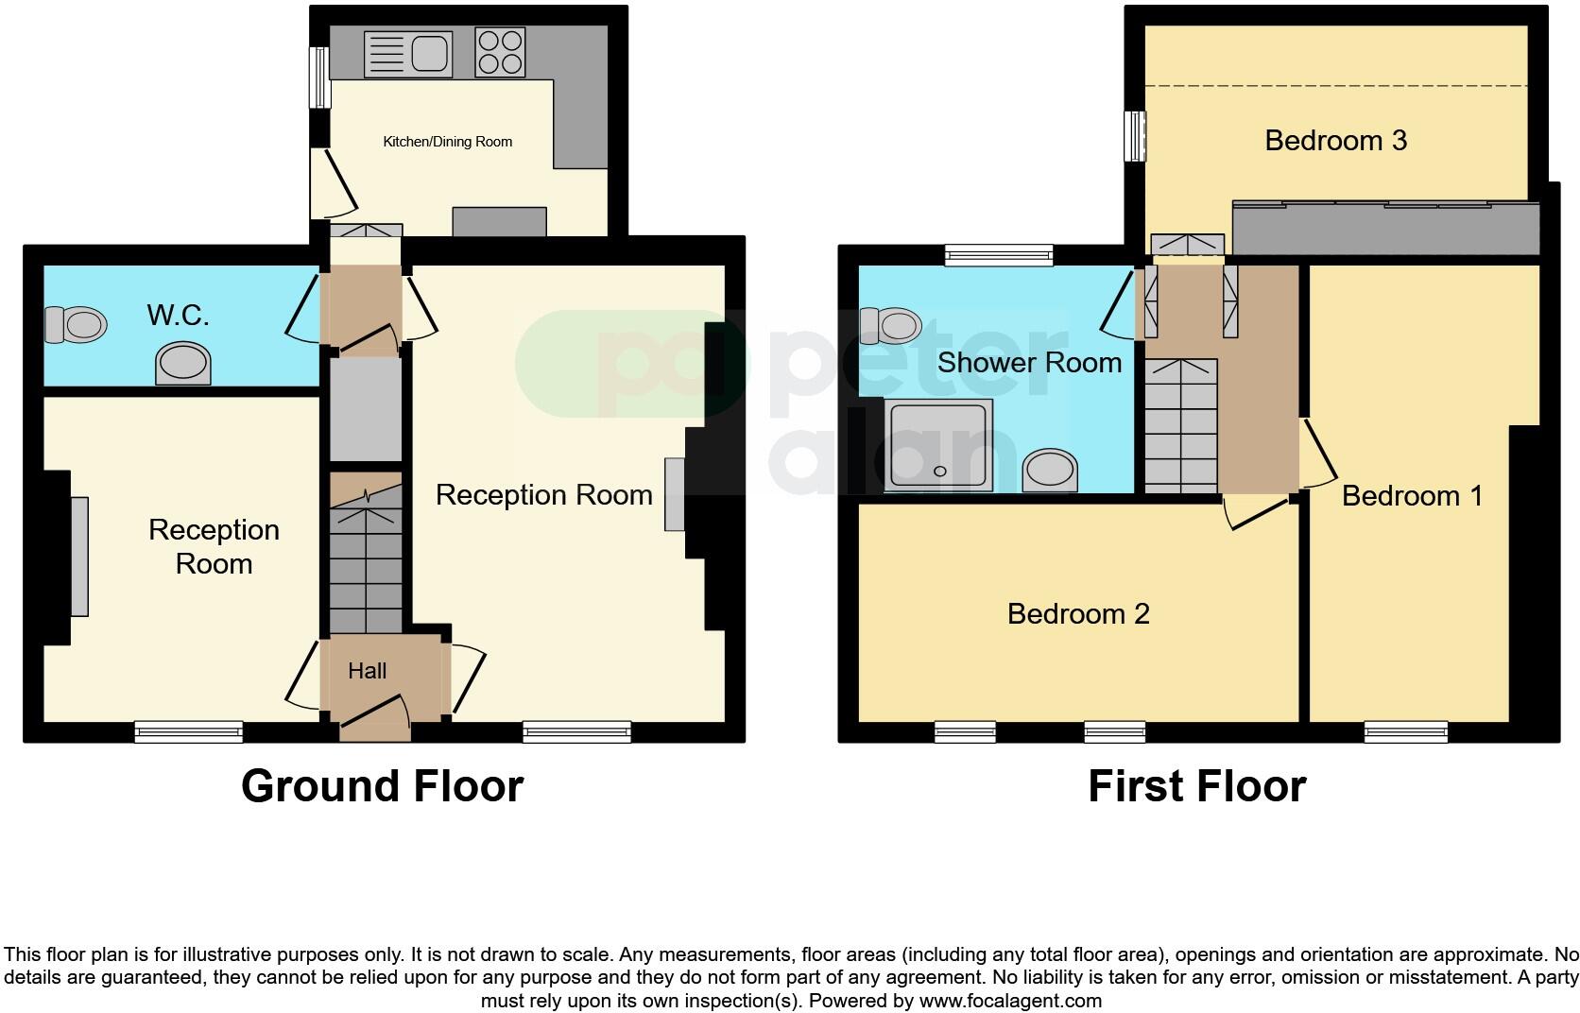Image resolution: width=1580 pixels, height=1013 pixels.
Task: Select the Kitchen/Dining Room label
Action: click(x=447, y=142)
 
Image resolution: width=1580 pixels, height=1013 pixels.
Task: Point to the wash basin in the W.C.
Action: click(x=183, y=364)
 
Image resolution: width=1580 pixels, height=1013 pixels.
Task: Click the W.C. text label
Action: click(x=178, y=315)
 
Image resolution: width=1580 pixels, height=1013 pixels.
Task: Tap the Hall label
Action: click(x=367, y=671)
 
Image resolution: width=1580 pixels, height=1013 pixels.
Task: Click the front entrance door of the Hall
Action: click(x=375, y=718)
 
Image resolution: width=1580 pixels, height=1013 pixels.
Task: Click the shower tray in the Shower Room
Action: click(x=939, y=444)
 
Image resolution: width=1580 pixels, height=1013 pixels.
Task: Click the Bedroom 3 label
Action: click(x=1335, y=141)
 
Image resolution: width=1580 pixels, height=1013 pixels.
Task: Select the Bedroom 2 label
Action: click(x=1078, y=614)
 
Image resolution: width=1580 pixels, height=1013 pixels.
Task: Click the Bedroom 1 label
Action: click(x=1412, y=495)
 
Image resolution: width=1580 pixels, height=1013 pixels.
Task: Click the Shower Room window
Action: click(x=999, y=253)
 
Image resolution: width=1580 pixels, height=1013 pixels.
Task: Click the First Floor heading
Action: click(x=1196, y=786)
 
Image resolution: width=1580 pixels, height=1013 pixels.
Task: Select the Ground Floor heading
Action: click(x=382, y=786)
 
